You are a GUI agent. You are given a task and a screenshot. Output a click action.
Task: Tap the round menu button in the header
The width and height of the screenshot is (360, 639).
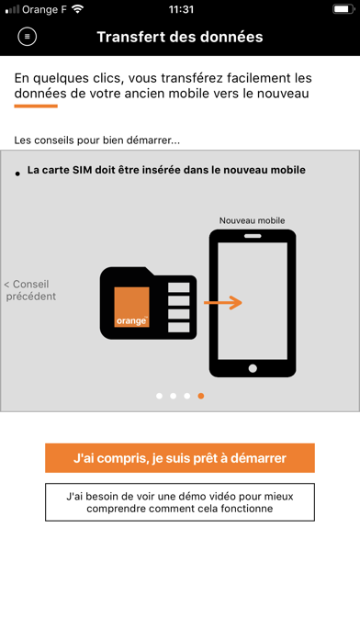coord(28,37)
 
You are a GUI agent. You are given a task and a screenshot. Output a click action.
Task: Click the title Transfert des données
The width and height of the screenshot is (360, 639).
coord(180,37)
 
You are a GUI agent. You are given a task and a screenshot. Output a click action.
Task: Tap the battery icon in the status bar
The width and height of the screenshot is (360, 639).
coord(343,9)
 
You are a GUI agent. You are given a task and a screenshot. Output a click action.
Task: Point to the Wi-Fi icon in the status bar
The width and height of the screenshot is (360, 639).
coord(77,9)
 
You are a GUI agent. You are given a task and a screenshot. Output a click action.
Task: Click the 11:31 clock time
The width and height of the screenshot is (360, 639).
coord(181,9)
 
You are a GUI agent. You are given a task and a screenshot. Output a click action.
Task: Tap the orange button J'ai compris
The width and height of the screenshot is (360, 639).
coord(180,458)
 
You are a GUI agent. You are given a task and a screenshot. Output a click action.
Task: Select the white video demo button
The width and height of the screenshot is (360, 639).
coord(180,502)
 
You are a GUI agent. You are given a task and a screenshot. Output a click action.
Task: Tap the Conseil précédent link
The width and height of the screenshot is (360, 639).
coord(30,290)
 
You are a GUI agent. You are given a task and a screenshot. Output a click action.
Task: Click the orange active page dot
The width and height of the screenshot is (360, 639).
coord(200,396)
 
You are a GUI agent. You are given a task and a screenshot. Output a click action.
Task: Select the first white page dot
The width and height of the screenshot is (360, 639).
coord(160,396)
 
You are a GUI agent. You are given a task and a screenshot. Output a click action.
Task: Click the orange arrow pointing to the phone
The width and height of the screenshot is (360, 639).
coord(223,302)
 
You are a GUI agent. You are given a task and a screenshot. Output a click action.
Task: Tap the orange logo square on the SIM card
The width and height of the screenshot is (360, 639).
coord(131,307)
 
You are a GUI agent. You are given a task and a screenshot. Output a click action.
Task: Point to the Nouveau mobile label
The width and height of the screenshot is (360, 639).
coord(252,220)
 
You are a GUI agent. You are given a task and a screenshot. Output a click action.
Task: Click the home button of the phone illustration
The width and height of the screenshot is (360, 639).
coord(253,368)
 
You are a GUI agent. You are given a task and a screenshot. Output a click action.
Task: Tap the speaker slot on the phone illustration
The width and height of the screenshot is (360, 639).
coord(253,236)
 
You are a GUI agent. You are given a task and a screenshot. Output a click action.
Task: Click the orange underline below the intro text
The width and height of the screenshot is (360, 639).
coord(36,106)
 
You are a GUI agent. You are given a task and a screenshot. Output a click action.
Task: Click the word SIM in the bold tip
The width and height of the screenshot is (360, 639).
coord(82,170)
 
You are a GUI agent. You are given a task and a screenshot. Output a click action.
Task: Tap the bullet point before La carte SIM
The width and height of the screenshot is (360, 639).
coord(17,174)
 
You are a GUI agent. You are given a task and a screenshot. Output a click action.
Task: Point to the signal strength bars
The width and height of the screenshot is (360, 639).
coord(12,9)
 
